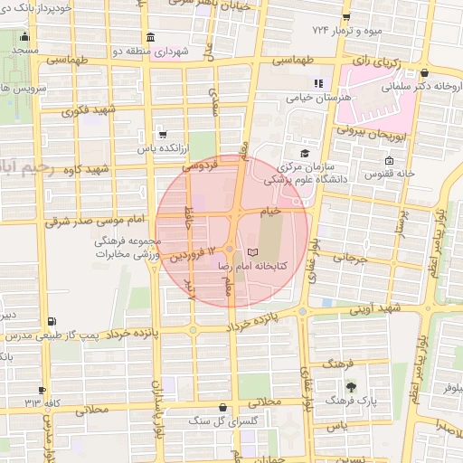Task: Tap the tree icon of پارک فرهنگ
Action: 364,385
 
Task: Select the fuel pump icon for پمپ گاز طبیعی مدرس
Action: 50,321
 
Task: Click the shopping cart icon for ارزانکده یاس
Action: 162,133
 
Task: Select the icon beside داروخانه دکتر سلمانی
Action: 424,74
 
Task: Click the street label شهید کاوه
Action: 86,169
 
